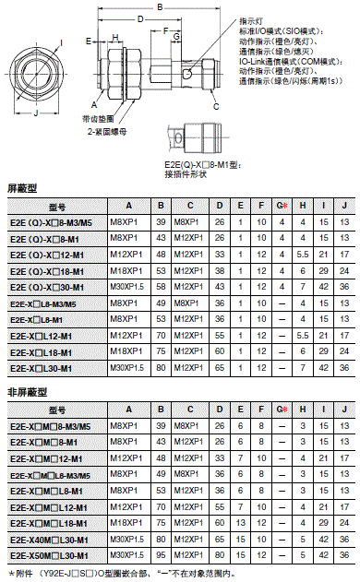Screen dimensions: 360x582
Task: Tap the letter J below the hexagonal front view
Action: pyautogui.click(x=35, y=114)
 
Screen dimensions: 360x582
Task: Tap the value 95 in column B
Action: pyautogui.click(x=161, y=556)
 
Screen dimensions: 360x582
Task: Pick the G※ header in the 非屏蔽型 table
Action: pyautogui.click(x=282, y=410)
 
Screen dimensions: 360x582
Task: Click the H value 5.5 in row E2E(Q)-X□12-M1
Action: pyautogui.click(x=303, y=255)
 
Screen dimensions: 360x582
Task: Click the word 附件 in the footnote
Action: pyautogui.click(x=27, y=573)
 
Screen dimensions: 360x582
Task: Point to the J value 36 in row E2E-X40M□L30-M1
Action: pyautogui.click(x=343, y=540)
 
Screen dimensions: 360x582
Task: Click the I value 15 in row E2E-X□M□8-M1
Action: pyautogui.click(x=323, y=443)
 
